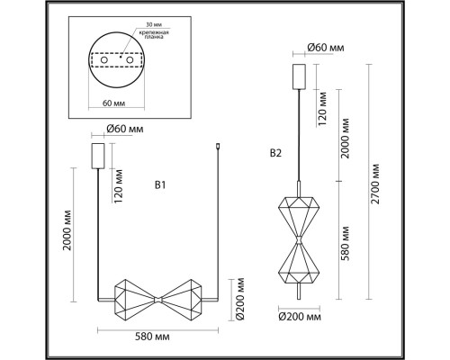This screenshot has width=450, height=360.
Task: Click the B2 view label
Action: pyautogui.click(x=276, y=153)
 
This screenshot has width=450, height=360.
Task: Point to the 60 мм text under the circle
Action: pyautogui.click(x=114, y=103)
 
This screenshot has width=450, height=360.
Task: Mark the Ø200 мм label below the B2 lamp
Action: pyautogui.click(x=300, y=318)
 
